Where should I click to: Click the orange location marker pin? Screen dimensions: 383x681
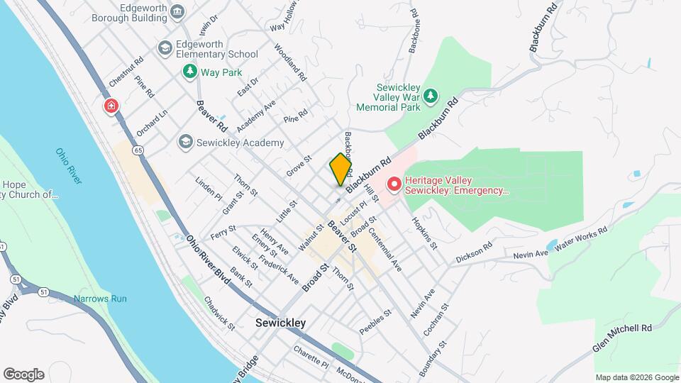[x=340, y=169]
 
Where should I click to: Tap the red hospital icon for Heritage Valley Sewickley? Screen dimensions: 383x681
[x=394, y=185]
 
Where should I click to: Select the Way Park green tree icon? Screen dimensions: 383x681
[x=189, y=72]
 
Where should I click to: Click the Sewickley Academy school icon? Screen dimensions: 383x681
[x=186, y=143]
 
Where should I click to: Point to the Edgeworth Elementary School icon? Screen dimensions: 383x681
[x=165, y=48]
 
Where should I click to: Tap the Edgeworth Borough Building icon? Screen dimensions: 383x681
[x=177, y=11]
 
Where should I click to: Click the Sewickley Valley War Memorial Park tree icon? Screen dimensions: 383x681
[x=430, y=95]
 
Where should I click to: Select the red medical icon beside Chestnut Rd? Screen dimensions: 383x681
[x=111, y=107]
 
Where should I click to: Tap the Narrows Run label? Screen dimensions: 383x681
[x=100, y=299]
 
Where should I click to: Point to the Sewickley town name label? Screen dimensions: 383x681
[x=280, y=323]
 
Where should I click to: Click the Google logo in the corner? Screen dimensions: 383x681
[x=23, y=374]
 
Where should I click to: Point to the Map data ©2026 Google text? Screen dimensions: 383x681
[x=636, y=377]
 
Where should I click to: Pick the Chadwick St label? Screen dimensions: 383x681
[x=219, y=313]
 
